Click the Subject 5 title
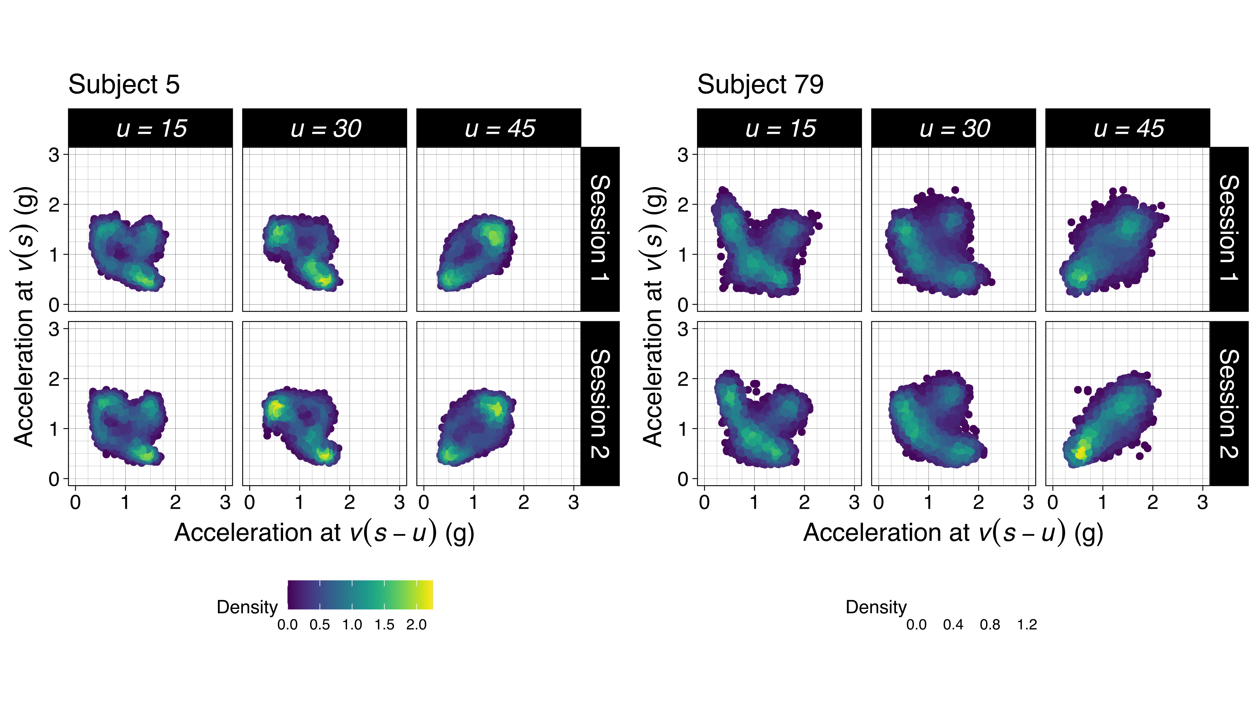coord(124,84)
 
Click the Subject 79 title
coord(760,84)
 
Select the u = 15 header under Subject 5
coord(150,128)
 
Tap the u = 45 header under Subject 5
coord(499,128)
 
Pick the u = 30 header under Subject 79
coord(954,128)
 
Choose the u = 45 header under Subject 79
coord(1128,128)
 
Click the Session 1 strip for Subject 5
coord(600,229)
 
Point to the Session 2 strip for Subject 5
coord(600,403)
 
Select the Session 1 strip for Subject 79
coord(1229,229)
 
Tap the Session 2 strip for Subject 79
coord(1229,403)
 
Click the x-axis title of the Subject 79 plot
coord(953,533)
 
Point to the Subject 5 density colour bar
coord(360,595)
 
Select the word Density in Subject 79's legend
coord(876,607)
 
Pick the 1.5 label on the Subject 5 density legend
coord(384,625)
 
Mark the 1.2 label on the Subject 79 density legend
coord(1027,625)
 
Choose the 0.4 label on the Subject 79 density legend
coord(953,625)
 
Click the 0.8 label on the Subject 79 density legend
coord(989,625)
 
